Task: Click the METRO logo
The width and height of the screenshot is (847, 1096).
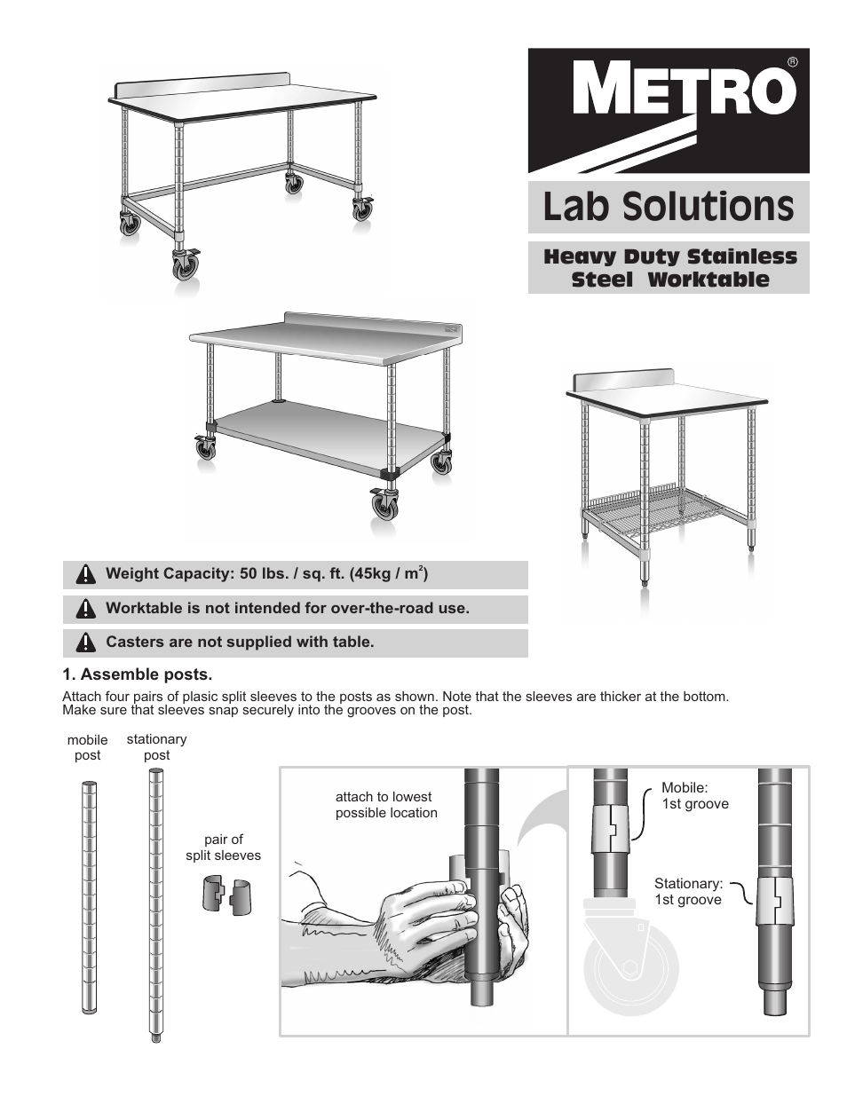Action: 669,110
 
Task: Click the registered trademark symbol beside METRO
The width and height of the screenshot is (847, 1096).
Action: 792,62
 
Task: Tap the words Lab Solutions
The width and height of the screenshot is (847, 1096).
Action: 668,207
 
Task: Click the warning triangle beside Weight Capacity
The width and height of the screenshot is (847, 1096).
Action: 85,574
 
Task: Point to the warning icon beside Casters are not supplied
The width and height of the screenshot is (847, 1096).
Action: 85,643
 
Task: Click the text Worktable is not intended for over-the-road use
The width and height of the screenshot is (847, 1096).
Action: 287,608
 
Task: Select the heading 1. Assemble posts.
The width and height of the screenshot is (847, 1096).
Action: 138,674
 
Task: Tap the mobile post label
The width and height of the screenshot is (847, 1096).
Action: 87,747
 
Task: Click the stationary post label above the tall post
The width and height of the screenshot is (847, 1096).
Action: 156,746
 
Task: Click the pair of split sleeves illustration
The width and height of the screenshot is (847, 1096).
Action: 226,895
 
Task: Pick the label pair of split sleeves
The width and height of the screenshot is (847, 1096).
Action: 224,848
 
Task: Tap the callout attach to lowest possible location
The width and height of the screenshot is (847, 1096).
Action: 386,804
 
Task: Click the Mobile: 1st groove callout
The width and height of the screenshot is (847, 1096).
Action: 694,796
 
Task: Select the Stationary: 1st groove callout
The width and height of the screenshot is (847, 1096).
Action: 688,891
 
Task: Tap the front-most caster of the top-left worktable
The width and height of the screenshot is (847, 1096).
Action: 186,265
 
